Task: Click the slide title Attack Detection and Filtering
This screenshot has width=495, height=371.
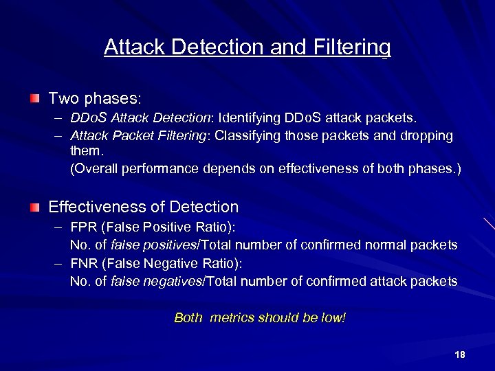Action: click(247, 47)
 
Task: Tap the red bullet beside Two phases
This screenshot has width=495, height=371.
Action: click(35, 99)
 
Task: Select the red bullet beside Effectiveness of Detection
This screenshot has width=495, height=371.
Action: click(35, 207)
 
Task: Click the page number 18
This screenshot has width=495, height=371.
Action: click(460, 355)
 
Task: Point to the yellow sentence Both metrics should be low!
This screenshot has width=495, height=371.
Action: click(260, 317)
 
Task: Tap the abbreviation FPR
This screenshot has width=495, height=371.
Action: click(83, 227)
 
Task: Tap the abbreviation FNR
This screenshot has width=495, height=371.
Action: click(83, 263)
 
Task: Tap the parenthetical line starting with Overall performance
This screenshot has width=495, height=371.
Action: click(265, 168)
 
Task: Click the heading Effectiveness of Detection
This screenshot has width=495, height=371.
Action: click(143, 207)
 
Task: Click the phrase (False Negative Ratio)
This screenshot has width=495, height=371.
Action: click(173, 263)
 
